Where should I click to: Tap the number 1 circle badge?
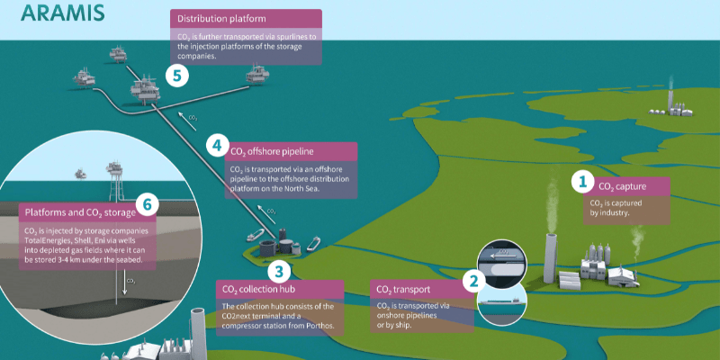pos(582,182)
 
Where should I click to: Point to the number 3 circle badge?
pos(280,269)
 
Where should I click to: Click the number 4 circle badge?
pos(216,144)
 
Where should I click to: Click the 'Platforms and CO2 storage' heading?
pos(79,212)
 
